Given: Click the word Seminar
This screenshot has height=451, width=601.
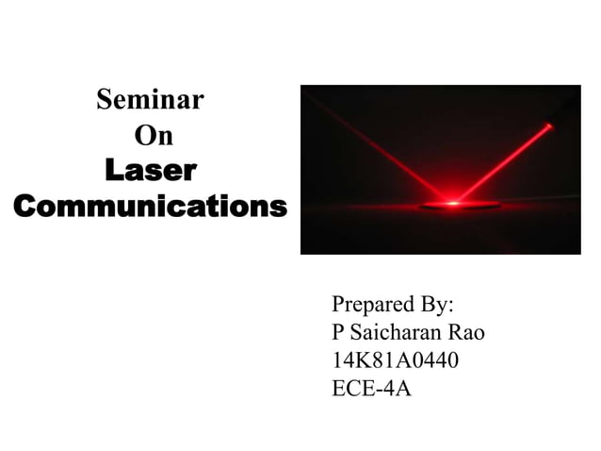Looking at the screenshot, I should tap(150, 99).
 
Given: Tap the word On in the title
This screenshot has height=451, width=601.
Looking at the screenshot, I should tap(153, 136).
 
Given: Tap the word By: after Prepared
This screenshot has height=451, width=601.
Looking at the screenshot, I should tap(434, 306).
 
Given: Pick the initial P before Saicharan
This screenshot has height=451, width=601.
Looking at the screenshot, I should tap(338, 333).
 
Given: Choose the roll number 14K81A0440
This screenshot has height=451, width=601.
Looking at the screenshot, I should tap(396, 360).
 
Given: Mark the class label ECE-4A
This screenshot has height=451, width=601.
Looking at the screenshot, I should tap(372, 388).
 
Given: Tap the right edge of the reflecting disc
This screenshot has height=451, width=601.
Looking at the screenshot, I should tap(486, 205).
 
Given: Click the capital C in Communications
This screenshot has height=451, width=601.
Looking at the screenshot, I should tap(26, 206).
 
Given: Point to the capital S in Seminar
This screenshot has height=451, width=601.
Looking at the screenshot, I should tap(106, 99).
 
